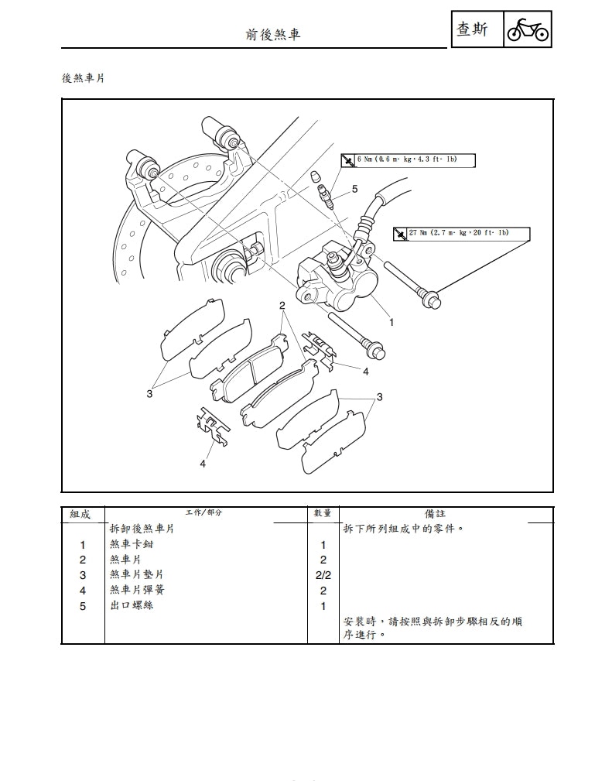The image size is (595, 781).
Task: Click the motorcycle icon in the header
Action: coord(527,30)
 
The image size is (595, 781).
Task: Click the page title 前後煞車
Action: coord(272,34)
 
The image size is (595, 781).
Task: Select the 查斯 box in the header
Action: coord(473,30)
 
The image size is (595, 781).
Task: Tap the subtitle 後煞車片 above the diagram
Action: coord(83,78)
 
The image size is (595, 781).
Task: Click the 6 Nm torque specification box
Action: coord(407,160)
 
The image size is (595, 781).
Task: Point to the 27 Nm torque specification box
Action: coord(461,233)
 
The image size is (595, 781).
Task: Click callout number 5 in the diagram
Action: coord(354,189)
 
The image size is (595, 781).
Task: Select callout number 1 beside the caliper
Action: coord(392,321)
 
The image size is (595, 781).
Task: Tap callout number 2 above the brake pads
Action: coord(283,307)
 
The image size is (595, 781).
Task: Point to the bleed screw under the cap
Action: coord(329,197)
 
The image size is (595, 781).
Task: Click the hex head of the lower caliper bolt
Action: coord(378,352)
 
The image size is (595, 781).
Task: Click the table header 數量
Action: coord(323,513)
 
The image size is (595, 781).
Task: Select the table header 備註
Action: coord(436,513)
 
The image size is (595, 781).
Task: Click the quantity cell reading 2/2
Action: coord(323,575)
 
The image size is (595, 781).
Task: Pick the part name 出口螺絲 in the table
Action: coord(132,605)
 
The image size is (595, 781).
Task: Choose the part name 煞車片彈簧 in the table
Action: coord(137,590)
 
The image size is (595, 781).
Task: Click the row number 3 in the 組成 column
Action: coord(83,575)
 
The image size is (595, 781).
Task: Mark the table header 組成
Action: coord(80,513)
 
